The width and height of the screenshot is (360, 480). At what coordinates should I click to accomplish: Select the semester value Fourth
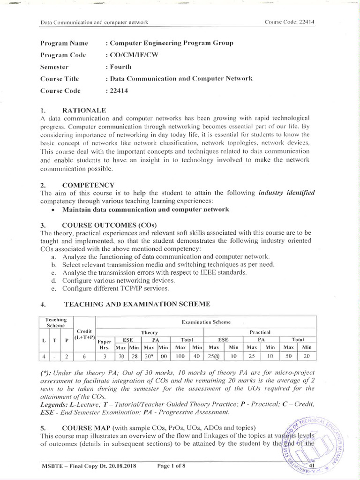(x=120, y=67)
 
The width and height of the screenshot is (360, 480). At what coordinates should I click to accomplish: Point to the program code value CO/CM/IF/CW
(x=134, y=55)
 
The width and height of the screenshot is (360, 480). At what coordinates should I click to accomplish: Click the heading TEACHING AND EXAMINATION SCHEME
(x=137, y=305)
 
